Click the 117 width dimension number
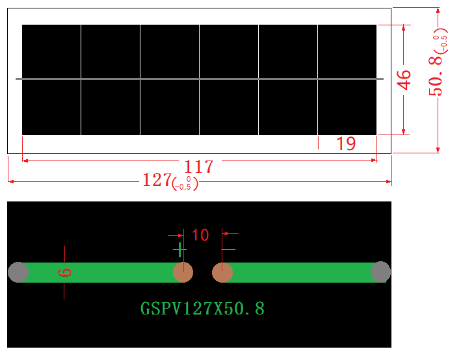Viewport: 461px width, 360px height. click(199, 166)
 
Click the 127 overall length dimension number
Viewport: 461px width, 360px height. click(157, 179)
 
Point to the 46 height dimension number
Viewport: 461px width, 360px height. click(404, 80)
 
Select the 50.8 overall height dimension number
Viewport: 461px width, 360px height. click(436, 76)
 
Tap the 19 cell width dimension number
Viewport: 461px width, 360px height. click(346, 144)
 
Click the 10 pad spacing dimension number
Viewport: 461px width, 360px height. click(200, 235)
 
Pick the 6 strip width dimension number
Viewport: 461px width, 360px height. click(64, 272)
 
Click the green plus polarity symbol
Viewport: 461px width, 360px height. click(179, 250)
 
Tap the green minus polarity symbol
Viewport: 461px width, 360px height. click(228, 250)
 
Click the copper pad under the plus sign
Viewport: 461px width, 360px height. click(183, 272)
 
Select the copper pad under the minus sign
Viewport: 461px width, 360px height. click(222, 272)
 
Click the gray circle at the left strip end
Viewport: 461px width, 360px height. click(18, 272)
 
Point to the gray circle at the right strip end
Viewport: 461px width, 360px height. click(380, 272)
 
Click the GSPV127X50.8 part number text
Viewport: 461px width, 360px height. click(203, 309)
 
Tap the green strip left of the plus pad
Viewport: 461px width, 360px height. click(101, 272)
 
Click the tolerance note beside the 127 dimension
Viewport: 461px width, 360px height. click(185, 183)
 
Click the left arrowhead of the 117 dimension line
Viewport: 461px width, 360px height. click(25, 161)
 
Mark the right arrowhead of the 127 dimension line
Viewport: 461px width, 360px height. click(388, 181)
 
